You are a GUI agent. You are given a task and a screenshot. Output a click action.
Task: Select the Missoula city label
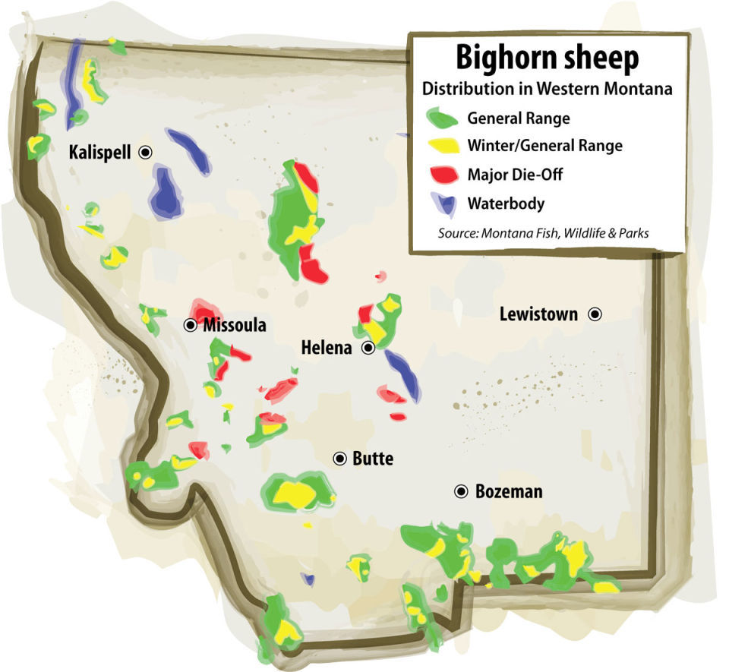235,326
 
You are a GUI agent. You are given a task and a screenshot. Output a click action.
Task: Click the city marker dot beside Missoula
191,325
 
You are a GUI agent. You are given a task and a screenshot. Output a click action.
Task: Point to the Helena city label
327,349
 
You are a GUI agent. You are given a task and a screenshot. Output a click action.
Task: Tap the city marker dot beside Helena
368,348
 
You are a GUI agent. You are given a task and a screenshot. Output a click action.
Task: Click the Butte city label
373,459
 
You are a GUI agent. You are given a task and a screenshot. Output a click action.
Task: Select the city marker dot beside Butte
339,458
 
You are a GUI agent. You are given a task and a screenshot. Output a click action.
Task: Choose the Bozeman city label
509,491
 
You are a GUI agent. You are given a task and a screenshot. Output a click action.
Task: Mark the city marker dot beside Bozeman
461,491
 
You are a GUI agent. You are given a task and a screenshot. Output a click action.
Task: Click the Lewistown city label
538,314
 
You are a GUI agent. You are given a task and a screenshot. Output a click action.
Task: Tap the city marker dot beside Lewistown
596,313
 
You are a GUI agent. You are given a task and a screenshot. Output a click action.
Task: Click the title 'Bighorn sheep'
547,58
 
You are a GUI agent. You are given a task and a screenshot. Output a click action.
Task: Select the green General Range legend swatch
442,118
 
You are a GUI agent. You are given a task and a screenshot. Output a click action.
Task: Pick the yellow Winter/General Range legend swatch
442,146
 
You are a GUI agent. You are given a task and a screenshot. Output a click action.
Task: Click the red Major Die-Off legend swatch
442,174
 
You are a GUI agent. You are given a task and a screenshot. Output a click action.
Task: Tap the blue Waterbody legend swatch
442,203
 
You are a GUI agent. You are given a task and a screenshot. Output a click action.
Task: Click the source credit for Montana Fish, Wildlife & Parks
543,233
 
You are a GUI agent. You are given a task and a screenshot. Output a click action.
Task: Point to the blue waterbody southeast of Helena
402,374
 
